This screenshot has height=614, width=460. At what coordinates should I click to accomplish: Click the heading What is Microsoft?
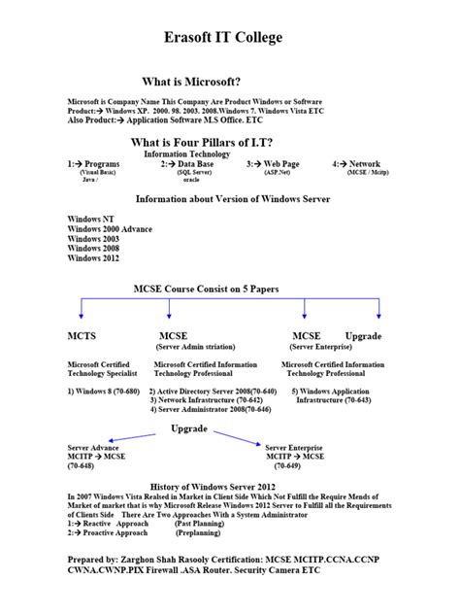coord(191,82)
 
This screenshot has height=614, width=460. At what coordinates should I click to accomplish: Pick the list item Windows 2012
coord(93,259)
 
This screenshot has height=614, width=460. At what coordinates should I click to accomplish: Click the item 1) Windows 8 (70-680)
coord(104,391)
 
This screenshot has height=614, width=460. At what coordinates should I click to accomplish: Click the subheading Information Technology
coord(186,153)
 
